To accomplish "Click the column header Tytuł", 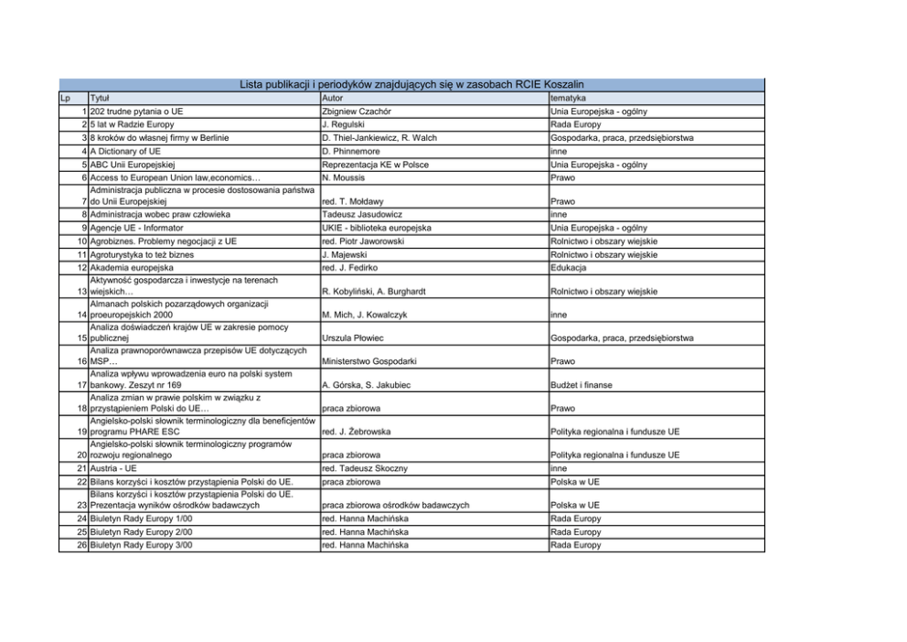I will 100,97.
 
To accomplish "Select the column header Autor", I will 333,97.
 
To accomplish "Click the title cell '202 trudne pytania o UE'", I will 137,111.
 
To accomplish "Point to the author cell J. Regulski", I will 344,124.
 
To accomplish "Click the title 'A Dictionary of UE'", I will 126,152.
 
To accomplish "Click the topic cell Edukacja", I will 569,267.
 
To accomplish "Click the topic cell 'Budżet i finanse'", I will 585,385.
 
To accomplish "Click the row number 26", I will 80,545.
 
